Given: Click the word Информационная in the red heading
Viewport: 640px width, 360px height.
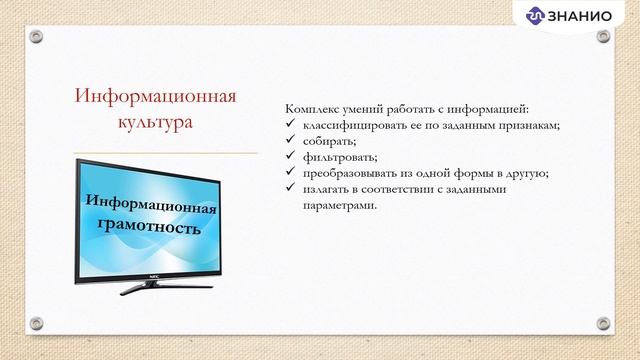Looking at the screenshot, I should [155, 97].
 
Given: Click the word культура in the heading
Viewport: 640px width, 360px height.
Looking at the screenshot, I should [155, 123].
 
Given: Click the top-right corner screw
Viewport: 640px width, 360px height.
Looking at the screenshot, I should [603, 37].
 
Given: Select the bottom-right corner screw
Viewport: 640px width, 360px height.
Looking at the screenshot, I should [603, 323].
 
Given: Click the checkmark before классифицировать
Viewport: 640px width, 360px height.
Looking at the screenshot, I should [290, 125].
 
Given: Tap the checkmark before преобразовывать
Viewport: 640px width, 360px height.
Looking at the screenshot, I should [290, 173].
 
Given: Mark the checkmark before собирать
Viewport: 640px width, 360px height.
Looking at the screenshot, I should [290, 141].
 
